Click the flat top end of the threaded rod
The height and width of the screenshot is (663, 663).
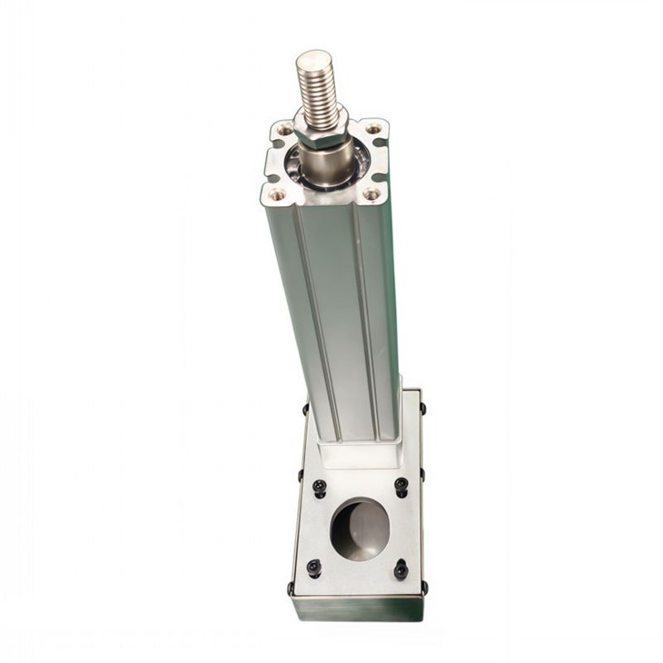[314, 61]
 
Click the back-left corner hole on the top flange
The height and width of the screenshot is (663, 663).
[284, 130]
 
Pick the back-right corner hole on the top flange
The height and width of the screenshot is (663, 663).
[373, 128]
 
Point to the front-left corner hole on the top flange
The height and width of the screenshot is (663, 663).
[277, 193]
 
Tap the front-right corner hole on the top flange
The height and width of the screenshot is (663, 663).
[371, 193]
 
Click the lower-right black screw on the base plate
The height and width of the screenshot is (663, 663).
[401, 569]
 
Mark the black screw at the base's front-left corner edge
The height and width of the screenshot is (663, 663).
[292, 588]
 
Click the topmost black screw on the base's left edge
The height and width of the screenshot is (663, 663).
[305, 409]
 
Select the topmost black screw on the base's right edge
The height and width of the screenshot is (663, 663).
[422, 408]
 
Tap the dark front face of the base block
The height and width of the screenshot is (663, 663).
[359, 608]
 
